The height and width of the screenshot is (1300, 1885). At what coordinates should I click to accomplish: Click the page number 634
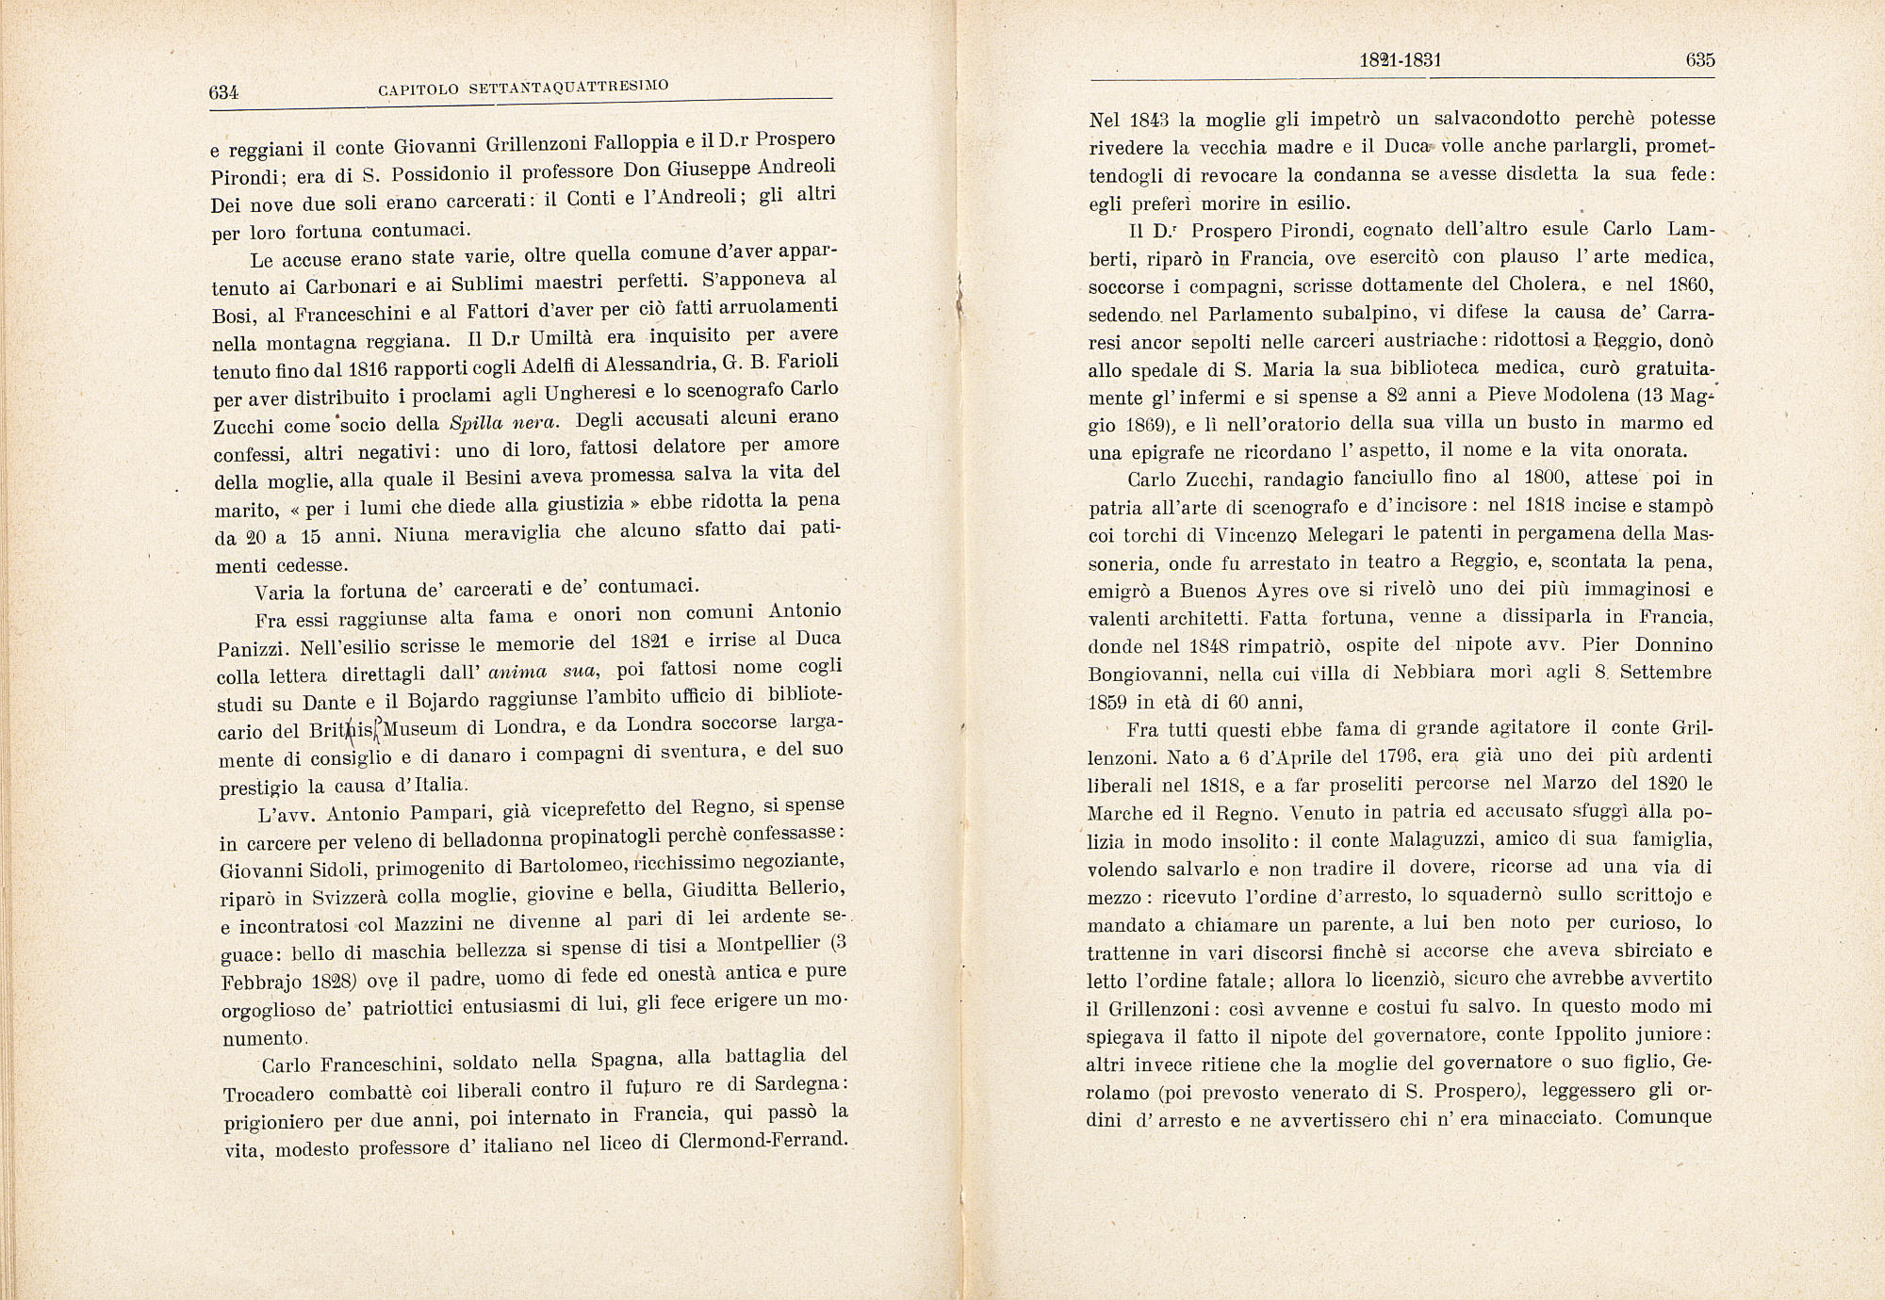pos(224,92)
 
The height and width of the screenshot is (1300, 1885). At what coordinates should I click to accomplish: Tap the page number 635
pos(1699,60)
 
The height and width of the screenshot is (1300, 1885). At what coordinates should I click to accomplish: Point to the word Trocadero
pos(270,1095)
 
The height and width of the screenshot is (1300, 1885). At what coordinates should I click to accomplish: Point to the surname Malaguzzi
pos(1438,839)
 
